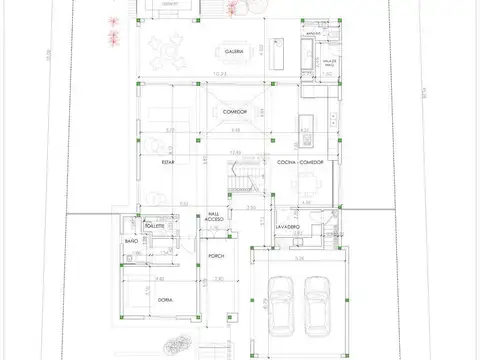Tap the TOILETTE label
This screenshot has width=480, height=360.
click(x=153, y=227)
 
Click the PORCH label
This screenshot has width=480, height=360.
click(x=216, y=257)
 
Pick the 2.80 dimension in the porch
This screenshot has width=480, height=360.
click(x=217, y=281)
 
